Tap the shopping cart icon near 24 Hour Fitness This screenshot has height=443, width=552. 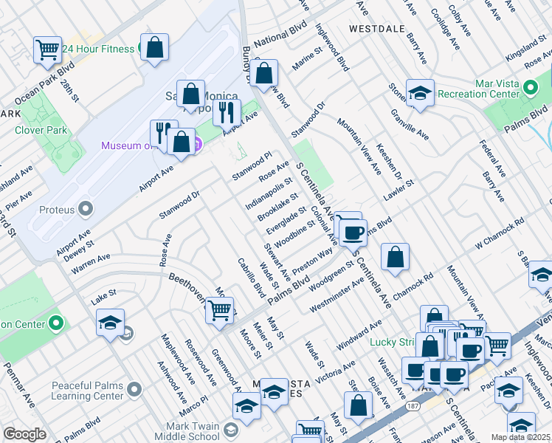(x=47, y=50)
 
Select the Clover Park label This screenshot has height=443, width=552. (x=41, y=131)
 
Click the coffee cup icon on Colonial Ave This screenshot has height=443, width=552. (x=353, y=233)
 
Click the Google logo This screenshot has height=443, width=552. (x=24, y=434)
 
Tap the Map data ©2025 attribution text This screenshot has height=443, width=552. (x=520, y=437)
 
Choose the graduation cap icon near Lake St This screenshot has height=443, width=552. (x=109, y=323)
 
